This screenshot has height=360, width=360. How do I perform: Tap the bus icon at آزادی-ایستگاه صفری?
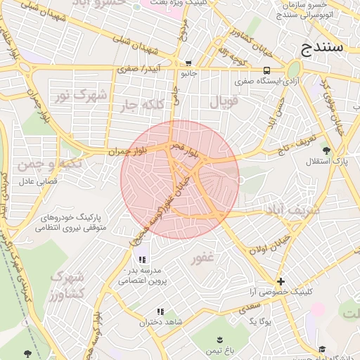pyautogui.click(x=266, y=71)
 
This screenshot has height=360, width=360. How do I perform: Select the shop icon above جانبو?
pyautogui.click(x=188, y=63)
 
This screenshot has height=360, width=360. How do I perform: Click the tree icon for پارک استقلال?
pyautogui.click(x=325, y=150)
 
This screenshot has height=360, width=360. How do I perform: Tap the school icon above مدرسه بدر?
pyautogui.click(x=142, y=259)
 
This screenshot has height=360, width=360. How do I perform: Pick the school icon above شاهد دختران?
pyautogui.click(x=160, y=311)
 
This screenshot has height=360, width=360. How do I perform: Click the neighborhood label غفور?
pyautogui.click(x=202, y=259)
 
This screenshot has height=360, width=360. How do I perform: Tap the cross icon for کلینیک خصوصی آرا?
pyautogui.click(x=281, y=281)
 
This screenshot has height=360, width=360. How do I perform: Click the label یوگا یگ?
pyautogui.click(x=260, y=321)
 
